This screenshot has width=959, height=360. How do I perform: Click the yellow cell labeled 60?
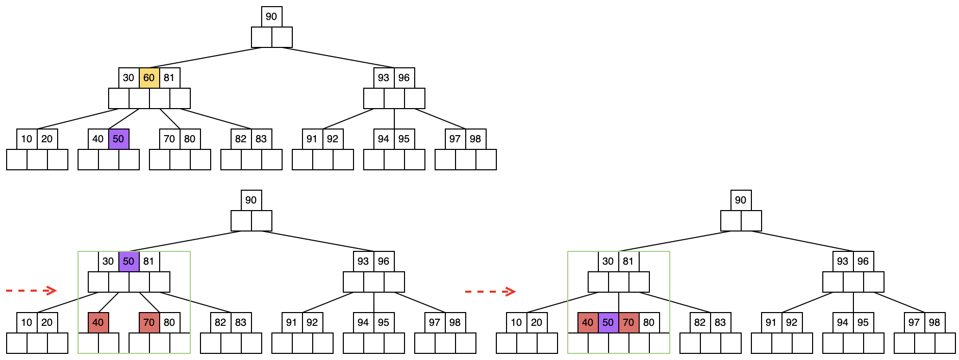tap(149, 78)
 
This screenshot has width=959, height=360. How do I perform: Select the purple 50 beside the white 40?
tap(118, 139)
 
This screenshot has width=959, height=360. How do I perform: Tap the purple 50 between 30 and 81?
tap(129, 262)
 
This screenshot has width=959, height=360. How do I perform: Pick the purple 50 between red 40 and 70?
tap(608, 323)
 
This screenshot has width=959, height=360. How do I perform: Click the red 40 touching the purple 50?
tap(588, 323)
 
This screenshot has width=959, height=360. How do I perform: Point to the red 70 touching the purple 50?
tap(628, 323)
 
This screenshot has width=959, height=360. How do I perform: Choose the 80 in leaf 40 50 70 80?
tap(649, 323)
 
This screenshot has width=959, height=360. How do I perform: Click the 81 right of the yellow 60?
tap(169, 78)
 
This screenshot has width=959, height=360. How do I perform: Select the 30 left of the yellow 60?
tap(129, 78)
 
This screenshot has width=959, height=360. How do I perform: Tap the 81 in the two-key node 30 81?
tap(628, 262)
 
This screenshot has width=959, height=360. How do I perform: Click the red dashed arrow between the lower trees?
tap(490, 292)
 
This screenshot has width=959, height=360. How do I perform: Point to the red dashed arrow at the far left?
tap(31, 291)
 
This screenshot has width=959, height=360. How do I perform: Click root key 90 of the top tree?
tap(271, 17)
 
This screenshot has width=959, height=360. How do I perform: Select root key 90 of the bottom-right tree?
tap(741, 200)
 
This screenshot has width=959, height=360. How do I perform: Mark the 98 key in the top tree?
tap(475, 139)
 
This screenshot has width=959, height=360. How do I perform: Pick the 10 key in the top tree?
tap(27, 139)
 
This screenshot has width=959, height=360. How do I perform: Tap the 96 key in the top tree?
tap(404, 78)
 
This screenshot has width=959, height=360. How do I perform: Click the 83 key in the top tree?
tap(261, 139)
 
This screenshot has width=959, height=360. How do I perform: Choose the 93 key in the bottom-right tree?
tap(843, 262)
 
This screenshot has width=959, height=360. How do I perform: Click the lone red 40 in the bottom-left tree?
tap(98, 323)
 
